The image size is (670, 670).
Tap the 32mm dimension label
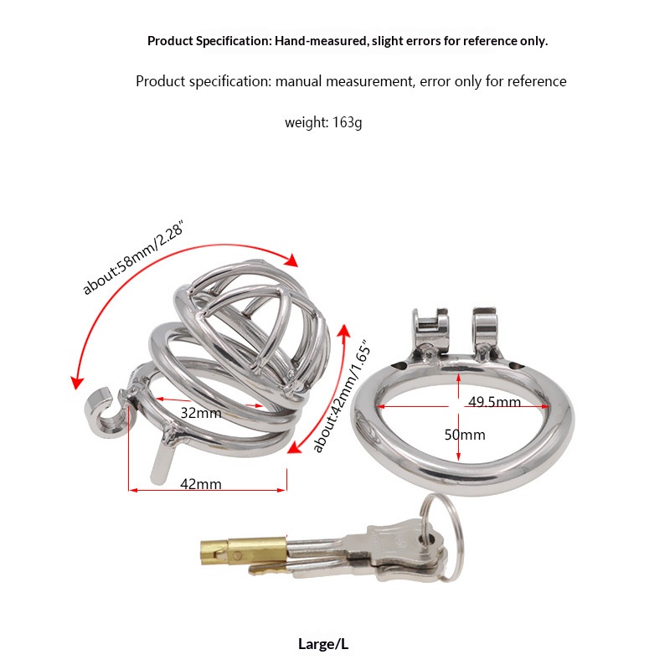tap(201, 413)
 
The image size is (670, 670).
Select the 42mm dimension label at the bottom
tap(201, 484)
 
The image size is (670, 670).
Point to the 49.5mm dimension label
tap(494, 402)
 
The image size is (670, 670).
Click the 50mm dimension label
tap(465, 435)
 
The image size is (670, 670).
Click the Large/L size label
tap(323, 644)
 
